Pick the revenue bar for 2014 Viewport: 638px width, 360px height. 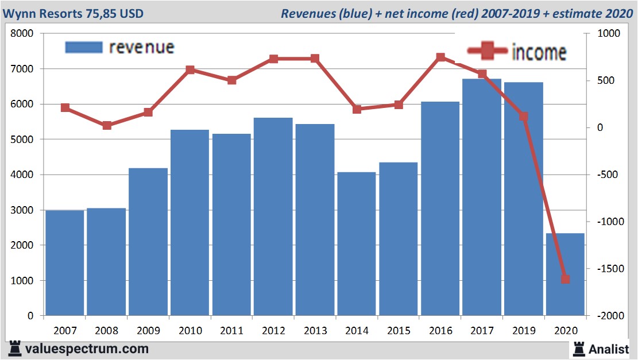(357, 244)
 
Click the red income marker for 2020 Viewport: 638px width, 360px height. (565, 280)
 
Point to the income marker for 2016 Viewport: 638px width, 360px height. (440, 57)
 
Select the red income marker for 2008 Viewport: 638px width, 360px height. (107, 125)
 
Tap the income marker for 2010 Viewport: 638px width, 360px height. (190, 70)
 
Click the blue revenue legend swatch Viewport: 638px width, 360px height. (84, 47)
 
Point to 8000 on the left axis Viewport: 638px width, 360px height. (23, 34)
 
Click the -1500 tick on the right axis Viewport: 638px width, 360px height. (610, 269)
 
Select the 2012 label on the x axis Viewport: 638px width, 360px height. (273, 331)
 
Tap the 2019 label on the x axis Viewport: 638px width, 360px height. (523, 331)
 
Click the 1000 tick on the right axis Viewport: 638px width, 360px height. (608, 34)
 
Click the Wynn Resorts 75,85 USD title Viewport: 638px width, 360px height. (73, 13)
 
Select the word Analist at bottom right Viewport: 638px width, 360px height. (609, 349)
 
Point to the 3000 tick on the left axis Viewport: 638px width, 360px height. (23, 210)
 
